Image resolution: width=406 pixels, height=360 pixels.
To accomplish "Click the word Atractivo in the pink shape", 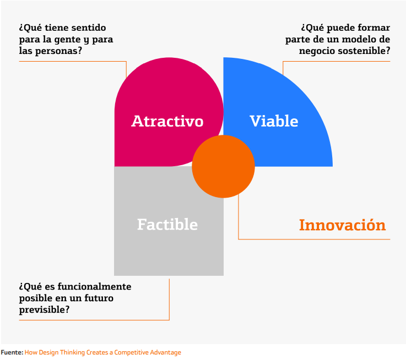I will click(x=167, y=121).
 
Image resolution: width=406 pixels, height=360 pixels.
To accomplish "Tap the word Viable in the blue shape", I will click(x=274, y=121).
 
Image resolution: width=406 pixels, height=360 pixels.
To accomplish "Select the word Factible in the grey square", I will click(x=167, y=225).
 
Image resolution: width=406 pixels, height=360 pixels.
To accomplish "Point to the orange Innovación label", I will click(x=342, y=225).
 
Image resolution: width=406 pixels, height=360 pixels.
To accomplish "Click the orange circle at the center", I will click(x=223, y=166).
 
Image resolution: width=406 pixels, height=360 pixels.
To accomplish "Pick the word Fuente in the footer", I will click(x=12, y=352).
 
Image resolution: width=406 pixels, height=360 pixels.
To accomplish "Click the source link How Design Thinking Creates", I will click(x=72, y=352).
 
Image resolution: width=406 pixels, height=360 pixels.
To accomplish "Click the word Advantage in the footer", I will click(x=164, y=352).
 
